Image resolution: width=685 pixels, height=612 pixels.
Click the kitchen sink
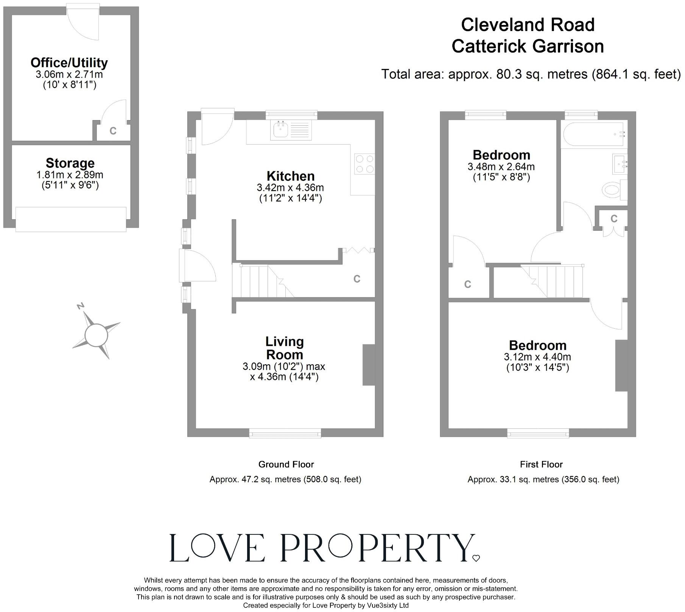[x=291, y=130]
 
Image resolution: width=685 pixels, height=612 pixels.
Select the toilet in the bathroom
[x=612, y=189]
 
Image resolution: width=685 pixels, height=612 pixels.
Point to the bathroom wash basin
[x=619, y=164]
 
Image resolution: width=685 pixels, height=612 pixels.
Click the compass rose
[x=97, y=334]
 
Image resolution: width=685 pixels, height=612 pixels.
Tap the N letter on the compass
[x=80, y=306]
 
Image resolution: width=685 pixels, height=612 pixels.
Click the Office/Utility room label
[x=69, y=62]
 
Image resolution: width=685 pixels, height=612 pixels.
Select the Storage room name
[x=70, y=163]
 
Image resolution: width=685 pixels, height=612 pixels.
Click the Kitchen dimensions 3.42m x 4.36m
[x=290, y=187]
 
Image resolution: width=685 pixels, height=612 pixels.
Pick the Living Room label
[x=284, y=348]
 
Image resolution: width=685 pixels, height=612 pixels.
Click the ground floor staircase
[x=265, y=281]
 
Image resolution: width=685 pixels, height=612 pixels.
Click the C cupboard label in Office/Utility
[x=113, y=131]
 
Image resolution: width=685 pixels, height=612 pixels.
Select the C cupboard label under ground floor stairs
[x=357, y=279]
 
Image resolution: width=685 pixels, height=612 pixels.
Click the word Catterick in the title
[x=488, y=47]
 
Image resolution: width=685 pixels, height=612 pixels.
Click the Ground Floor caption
[x=286, y=464]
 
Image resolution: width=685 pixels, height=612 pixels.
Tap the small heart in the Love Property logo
[x=476, y=558]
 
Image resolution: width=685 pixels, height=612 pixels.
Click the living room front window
[x=285, y=433]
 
